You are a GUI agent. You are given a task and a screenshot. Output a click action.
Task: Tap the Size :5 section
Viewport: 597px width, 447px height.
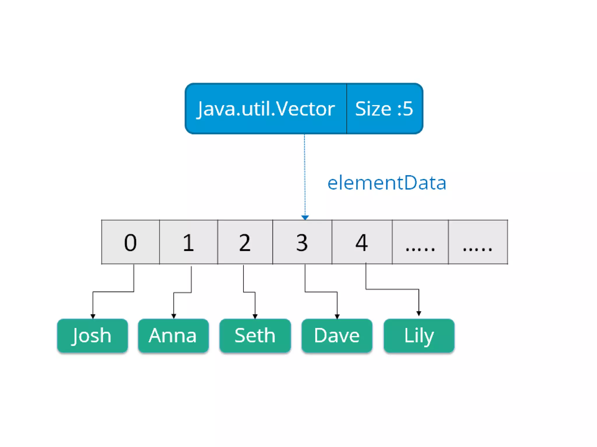click(384, 109)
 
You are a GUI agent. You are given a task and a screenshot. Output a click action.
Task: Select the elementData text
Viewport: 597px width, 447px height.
click(387, 183)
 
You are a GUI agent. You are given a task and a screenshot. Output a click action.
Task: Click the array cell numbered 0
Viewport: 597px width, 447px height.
click(130, 242)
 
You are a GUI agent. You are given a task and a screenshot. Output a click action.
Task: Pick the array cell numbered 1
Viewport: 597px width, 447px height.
click(188, 242)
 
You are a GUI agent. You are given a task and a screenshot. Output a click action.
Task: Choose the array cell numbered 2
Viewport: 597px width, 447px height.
click(245, 242)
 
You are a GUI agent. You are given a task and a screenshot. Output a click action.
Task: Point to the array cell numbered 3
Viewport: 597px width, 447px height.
click(302, 242)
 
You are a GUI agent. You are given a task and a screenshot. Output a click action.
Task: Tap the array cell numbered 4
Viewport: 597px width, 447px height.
click(362, 242)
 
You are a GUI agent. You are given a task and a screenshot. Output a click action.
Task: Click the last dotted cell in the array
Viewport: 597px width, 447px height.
click(478, 242)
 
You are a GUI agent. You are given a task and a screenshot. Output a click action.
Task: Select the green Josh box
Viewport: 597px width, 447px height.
click(92, 336)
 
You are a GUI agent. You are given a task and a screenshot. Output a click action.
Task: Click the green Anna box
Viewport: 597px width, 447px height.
click(173, 336)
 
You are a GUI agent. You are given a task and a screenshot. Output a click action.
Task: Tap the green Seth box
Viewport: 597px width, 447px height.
click(255, 336)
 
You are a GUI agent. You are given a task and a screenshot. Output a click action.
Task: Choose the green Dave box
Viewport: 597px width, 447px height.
click(337, 336)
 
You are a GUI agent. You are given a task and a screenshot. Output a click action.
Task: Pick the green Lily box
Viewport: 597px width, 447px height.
click(419, 336)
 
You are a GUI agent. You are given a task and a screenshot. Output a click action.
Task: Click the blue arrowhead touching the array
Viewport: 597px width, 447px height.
click(305, 217)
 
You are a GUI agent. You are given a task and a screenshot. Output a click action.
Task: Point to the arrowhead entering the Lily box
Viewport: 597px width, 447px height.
click(419, 313)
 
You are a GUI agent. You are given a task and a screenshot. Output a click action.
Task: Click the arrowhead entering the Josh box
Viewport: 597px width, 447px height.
click(93, 316)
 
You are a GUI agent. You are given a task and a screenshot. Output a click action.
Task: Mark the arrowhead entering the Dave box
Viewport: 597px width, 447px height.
click(337, 316)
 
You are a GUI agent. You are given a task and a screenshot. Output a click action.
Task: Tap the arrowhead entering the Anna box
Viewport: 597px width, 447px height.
click(173, 316)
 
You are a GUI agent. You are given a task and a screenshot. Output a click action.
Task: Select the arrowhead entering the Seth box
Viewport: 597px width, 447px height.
click(255, 316)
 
